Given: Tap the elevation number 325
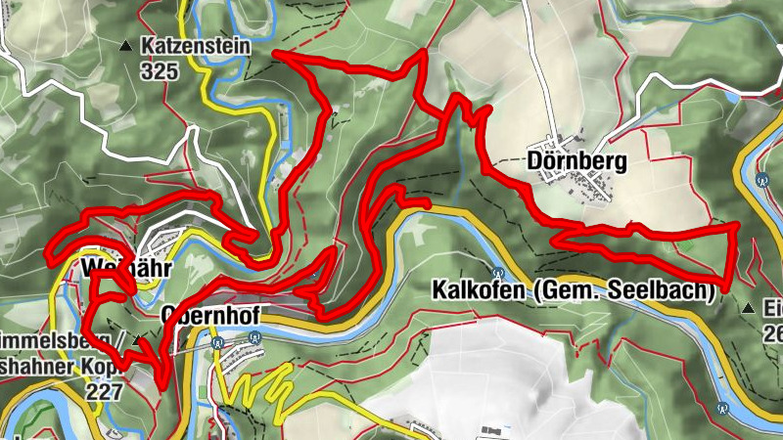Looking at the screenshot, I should point(159,70).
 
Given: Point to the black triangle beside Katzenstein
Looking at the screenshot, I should point(125,46).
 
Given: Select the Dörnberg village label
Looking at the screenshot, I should point(576,158).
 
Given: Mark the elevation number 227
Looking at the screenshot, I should point(104,391).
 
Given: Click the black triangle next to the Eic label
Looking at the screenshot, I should point(749,309).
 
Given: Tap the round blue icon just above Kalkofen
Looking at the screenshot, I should point(498,273).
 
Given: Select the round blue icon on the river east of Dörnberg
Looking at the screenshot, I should point(761,179).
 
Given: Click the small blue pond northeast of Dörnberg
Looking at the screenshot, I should point(733,97).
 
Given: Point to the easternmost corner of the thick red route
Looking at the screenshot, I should point(736,226).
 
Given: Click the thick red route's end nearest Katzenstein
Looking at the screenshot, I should point(275,54).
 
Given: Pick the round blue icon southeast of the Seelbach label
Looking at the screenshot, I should point(722,405).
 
